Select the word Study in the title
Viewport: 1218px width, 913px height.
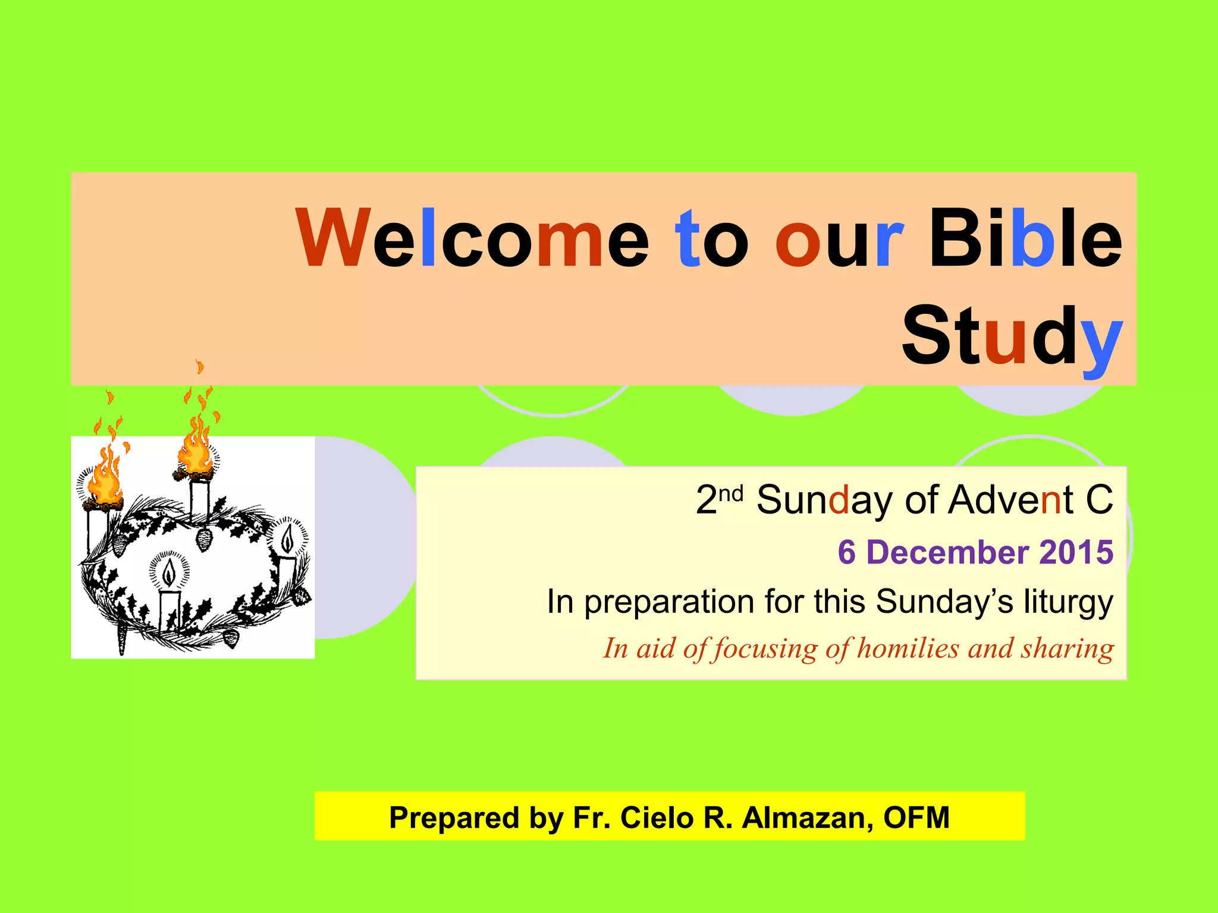1012,336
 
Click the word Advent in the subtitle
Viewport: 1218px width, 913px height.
1010,500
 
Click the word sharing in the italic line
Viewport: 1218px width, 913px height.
1068,648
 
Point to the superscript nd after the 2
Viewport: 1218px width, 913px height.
731,494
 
